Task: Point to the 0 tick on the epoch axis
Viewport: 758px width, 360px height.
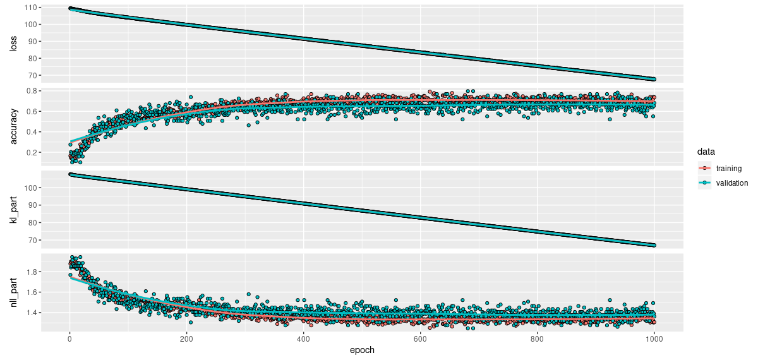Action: (x=69, y=339)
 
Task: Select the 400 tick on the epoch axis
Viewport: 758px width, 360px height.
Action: (x=303, y=339)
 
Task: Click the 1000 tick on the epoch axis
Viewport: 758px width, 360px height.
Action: (x=654, y=339)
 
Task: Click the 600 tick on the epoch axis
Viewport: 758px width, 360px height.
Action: (x=420, y=339)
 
